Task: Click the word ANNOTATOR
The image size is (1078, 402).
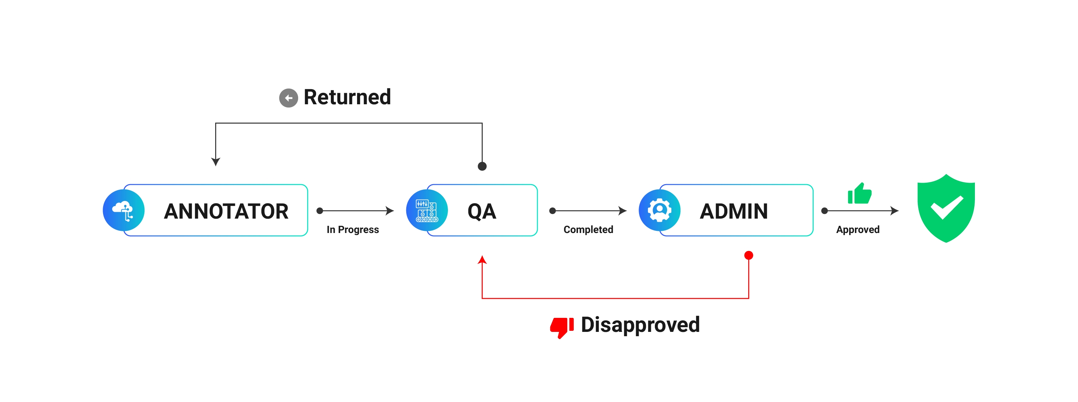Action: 226,211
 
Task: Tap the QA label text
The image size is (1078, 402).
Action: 482,211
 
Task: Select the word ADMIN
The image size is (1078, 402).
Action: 734,211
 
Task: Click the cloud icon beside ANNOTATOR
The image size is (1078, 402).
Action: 124,210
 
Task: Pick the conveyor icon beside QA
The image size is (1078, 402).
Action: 426,210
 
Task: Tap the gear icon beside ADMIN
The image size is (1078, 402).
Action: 659,210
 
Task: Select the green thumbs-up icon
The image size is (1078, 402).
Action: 860,194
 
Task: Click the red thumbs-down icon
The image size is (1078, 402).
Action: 561,326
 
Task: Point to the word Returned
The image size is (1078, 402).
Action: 347,97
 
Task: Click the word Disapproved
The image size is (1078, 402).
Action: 640,325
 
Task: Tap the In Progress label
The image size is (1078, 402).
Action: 352,229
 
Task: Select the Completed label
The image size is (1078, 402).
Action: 588,229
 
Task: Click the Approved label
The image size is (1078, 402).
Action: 857,229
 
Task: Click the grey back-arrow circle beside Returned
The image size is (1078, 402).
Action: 288,98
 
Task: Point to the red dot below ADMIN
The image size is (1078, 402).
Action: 749,255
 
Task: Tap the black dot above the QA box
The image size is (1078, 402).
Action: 482,166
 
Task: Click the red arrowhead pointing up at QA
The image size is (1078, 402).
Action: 482,260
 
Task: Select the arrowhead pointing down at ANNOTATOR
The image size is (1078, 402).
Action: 216,162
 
